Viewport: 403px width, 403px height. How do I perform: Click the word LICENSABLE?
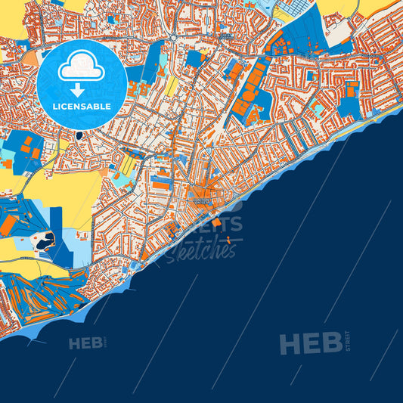coord(82,107)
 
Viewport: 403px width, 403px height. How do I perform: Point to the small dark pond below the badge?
coord(79,136)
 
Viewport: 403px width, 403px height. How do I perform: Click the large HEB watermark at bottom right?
coord(310,344)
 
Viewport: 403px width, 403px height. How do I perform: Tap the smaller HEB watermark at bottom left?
coord(85,344)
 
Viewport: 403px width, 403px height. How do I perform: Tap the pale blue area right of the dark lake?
coord(72,243)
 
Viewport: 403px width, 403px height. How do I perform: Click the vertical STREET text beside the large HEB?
coord(346,342)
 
